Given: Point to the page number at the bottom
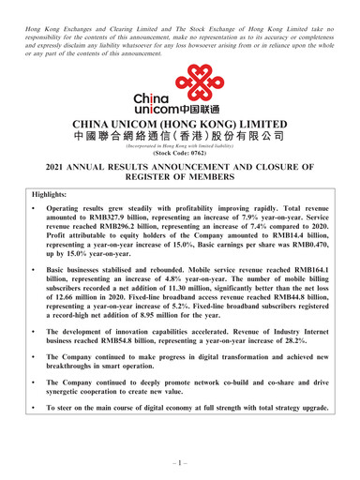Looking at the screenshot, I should (180, 463).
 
